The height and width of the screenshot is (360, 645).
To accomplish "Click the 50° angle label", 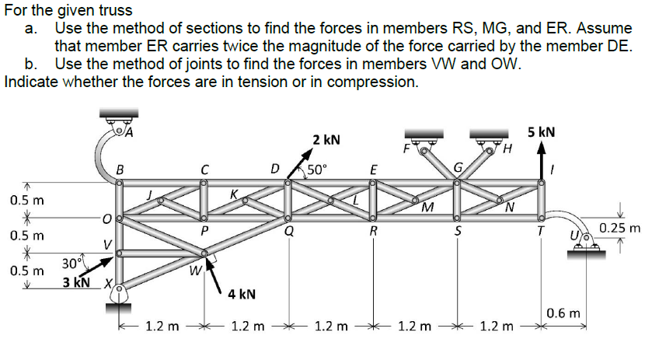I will (x=318, y=168).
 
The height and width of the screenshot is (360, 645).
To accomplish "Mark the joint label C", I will (x=204, y=168).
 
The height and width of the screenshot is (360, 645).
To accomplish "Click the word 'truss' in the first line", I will (x=115, y=11).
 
